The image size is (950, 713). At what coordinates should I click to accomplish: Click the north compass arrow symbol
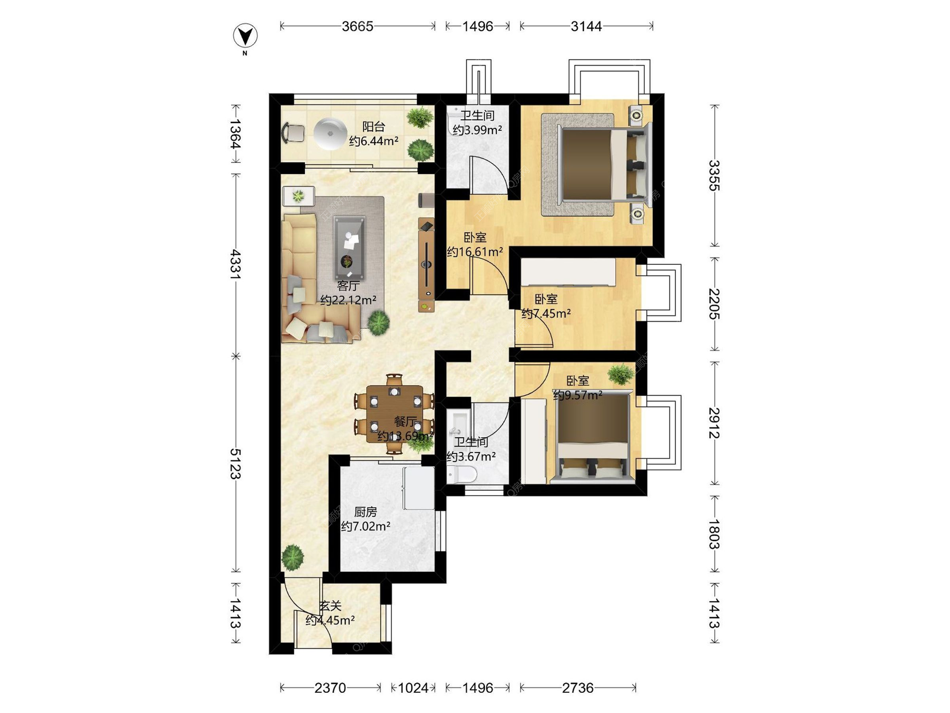[245, 36]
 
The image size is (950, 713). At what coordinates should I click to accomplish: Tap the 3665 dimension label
[357, 26]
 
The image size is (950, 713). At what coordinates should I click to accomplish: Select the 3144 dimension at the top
[586, 26]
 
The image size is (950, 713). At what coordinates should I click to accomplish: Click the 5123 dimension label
[236, 463]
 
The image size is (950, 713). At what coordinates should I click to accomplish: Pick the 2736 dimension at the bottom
[578, 688]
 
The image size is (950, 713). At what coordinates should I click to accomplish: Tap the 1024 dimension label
[413, 688]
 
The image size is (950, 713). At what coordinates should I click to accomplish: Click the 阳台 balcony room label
[374, 127]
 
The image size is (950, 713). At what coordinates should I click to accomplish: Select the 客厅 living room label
[348, 286]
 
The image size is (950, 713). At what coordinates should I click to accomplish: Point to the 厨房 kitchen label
[366, 511]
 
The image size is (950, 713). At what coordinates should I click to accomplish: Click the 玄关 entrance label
[330, 606]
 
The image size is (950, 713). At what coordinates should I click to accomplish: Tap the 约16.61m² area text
[475, 252]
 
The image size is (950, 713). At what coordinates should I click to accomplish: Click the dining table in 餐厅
[394, 414]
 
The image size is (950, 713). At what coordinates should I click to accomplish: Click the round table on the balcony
[330, 133]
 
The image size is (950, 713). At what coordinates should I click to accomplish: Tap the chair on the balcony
[293, 133]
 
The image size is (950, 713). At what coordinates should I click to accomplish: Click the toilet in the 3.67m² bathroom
[462, 474]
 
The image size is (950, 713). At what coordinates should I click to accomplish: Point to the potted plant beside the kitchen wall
[292, 557]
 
